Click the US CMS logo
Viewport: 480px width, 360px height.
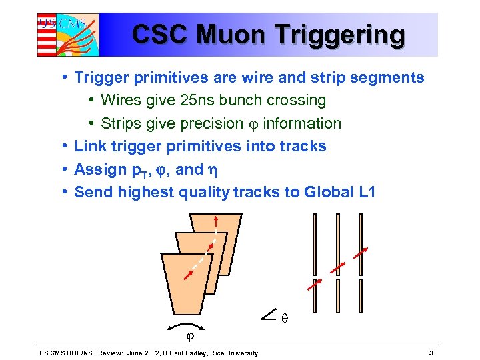(67, 34)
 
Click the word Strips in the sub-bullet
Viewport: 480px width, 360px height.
(121, 123)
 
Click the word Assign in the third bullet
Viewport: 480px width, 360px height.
(97, 169)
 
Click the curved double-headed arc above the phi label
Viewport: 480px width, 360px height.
(185, 325)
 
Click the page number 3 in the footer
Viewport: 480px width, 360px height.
(431, 353)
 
